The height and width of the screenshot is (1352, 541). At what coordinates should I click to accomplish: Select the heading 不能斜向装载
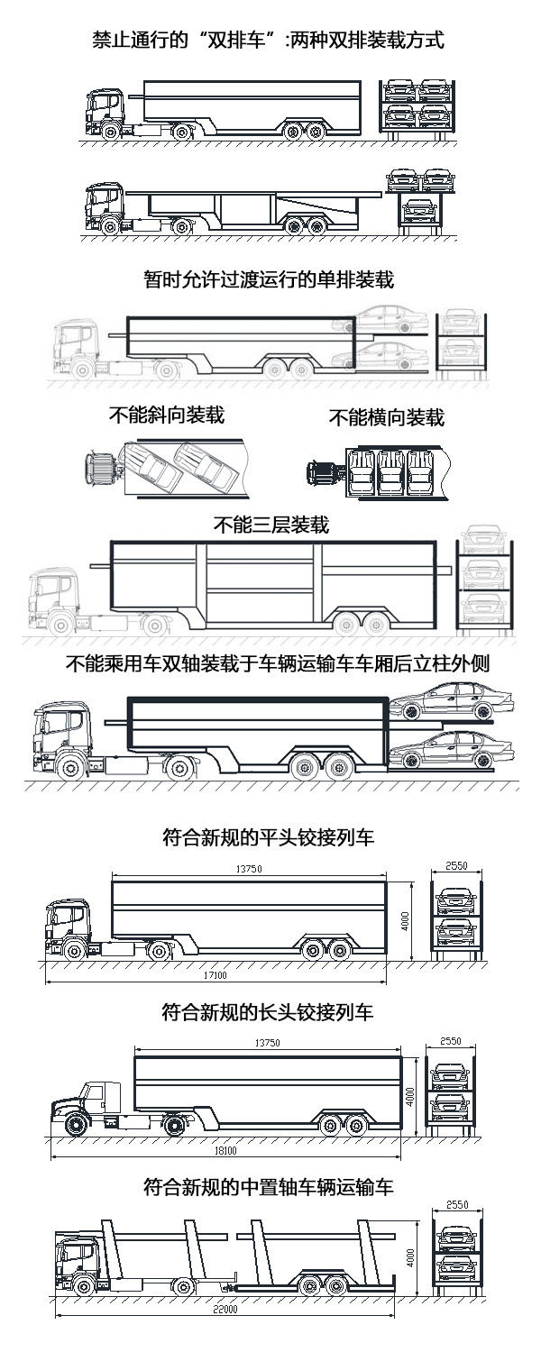[166, 415]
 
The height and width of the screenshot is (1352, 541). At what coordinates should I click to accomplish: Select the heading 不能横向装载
[386, 417]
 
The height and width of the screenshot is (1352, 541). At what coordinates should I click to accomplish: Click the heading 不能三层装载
[270, 524]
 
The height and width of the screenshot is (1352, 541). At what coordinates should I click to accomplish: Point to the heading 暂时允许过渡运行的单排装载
[269, 279]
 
